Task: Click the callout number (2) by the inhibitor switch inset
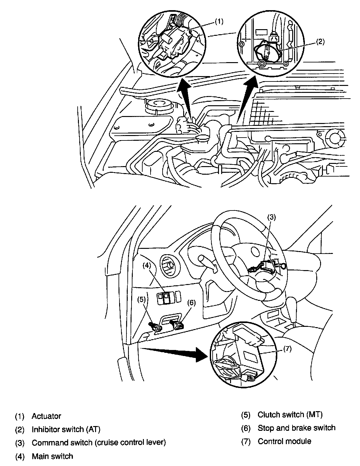(x=320, y=41)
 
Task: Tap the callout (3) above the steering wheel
(x=272, y=217)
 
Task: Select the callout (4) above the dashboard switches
(x=146, y=266)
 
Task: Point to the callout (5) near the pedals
(x=142, y=299)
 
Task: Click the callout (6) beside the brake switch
(x=191, y=303)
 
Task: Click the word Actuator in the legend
(x=46, y=416)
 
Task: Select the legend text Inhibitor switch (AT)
(x=66, y=430)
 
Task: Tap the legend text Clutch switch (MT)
(x=290, y=414)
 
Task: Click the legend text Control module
(x=284, y=441)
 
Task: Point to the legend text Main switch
(x=52, y=456)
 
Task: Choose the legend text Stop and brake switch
(x=296, y=428)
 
